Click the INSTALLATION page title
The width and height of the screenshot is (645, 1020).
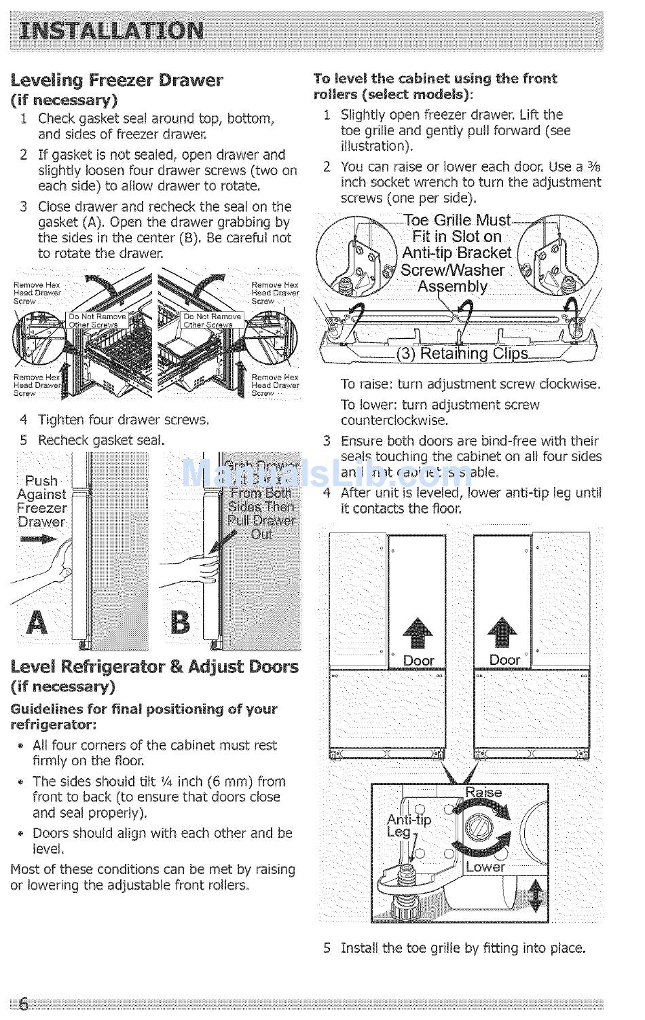112,31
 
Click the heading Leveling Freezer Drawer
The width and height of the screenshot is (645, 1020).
117,80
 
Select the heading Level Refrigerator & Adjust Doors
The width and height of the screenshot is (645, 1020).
154,666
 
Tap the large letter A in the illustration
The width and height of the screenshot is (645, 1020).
37,621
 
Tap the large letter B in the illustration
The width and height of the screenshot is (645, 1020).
180,621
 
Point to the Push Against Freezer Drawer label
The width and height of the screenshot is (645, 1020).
41,501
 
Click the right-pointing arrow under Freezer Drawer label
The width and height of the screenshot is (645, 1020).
39,539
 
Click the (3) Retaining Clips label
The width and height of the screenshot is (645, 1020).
462,353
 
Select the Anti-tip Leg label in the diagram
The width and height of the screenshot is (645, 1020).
408,825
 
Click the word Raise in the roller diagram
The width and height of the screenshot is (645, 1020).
483,793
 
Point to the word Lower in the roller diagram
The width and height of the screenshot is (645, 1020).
485,867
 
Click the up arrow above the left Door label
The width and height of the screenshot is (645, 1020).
418,632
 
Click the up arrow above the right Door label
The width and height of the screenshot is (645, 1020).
503,632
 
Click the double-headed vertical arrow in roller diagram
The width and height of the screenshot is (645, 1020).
536,896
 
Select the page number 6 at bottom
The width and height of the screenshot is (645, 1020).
24,1004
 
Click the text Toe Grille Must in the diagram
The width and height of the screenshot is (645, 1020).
456,220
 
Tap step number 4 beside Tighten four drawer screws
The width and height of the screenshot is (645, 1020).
24,420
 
